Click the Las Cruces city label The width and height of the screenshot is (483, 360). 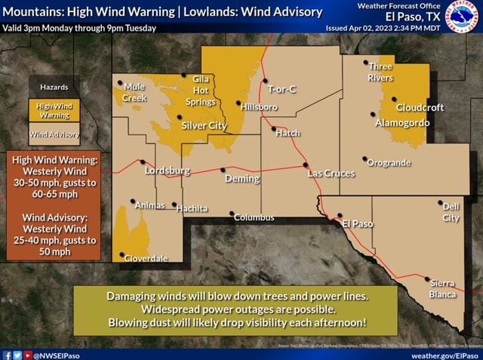click(x=331, y=174)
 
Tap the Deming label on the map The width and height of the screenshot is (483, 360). click(x=241, y=179)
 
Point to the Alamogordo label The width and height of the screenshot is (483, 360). click(x=402, y=122)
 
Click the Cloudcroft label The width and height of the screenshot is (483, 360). click(x=420, y=107)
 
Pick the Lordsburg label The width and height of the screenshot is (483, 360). click(x=167, y=171)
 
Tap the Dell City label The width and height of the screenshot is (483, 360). click(x=451, y=212)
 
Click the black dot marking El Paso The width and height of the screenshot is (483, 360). click(x=339, y=215)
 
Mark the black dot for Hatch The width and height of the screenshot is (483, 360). click(x=274, y=128)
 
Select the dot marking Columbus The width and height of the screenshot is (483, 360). click(x=232, y=213)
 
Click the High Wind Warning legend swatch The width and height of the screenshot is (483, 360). click(x=54, y=111)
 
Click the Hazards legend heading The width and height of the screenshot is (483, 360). click(x=54, y=88)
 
